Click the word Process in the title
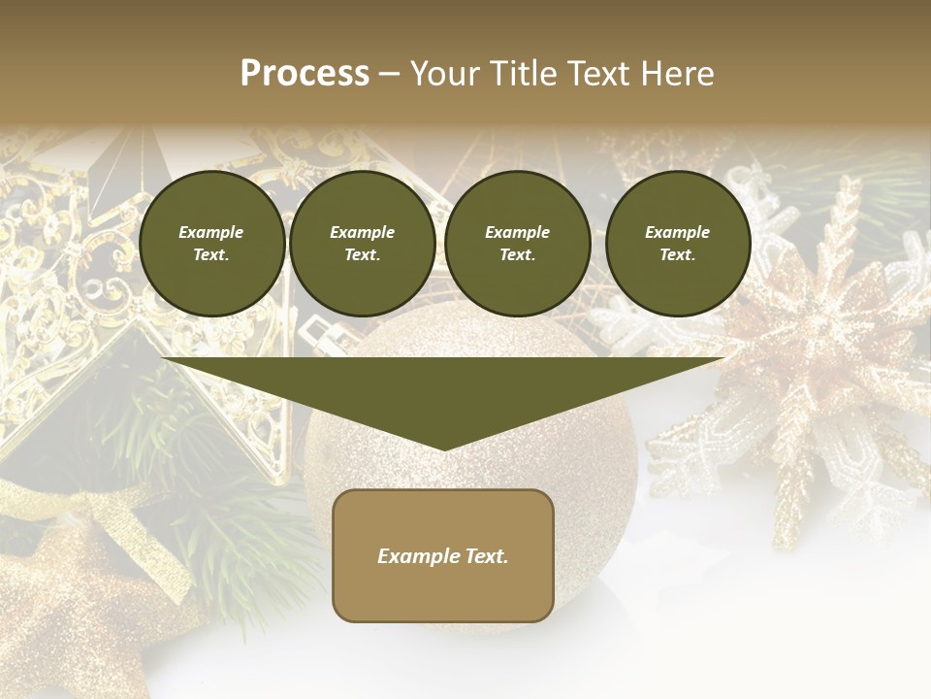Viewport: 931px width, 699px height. [x=305, y=74]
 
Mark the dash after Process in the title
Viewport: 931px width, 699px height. [x=389, y=76]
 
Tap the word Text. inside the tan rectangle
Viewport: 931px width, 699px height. [x=485, y=556]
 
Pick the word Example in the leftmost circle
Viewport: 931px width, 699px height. [x=211, y=232]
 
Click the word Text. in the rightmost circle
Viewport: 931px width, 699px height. [x=677, y=254]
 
